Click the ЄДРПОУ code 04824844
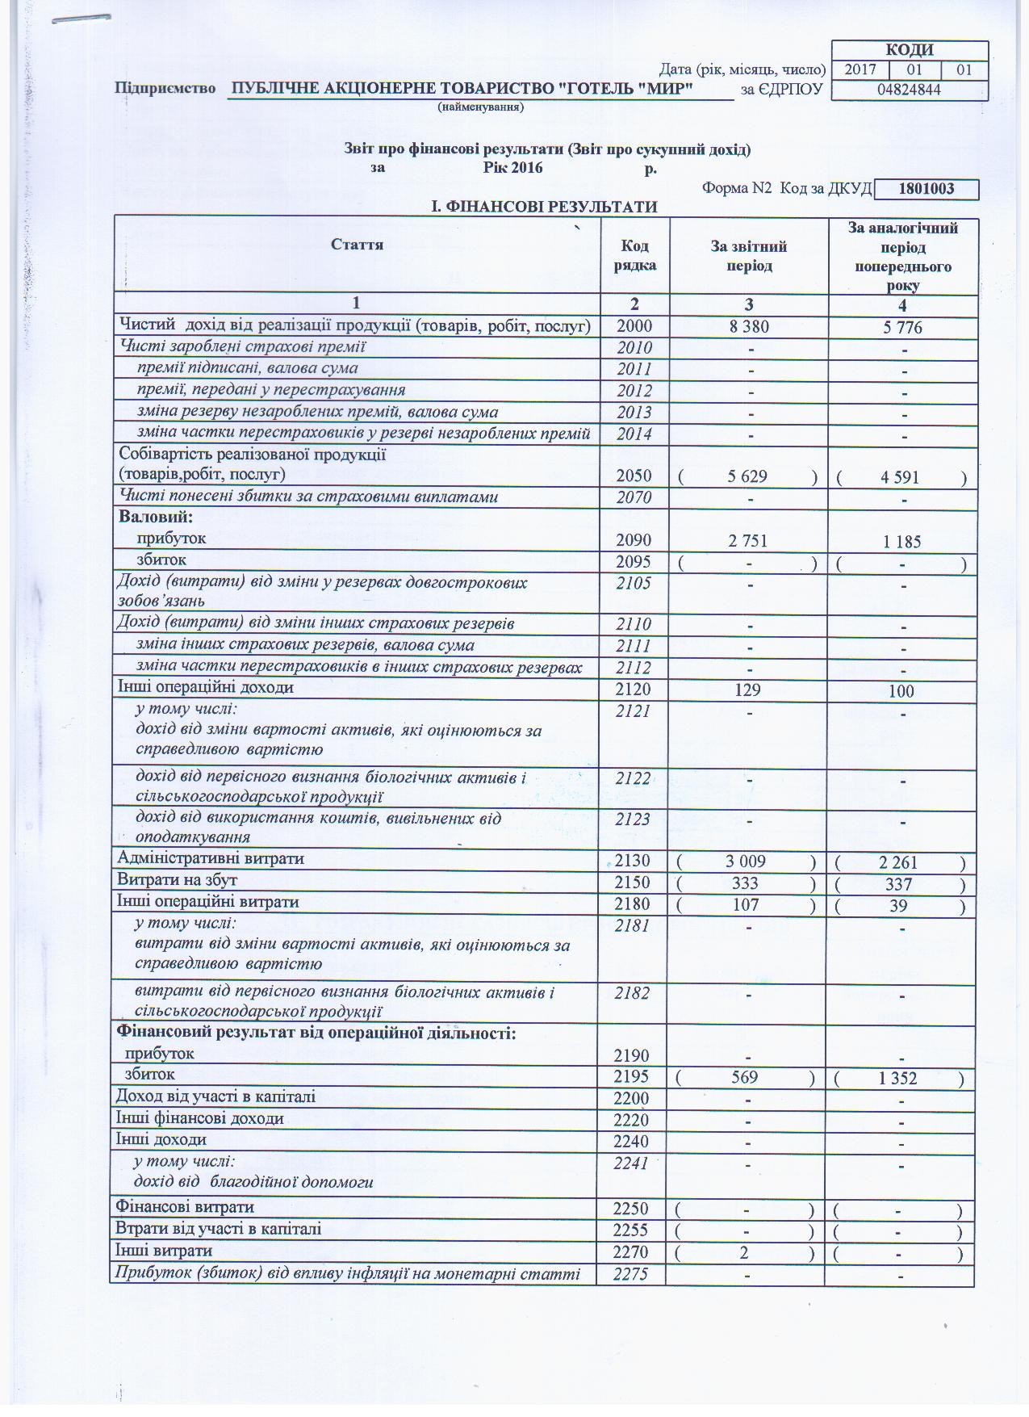909,90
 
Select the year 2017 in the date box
860,69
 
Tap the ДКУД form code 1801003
926,189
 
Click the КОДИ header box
909,50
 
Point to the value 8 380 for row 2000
748,327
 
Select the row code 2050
634,476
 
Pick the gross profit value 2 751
747,541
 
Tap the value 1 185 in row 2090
901,542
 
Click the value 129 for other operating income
748,690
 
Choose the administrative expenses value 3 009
746,862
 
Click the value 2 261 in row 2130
898,862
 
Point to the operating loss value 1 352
898,1078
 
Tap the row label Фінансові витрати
185,1207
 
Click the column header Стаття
357,245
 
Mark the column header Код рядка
634,255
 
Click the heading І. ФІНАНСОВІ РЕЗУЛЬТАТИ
545,208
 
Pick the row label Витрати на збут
178,880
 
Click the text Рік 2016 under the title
513,168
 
